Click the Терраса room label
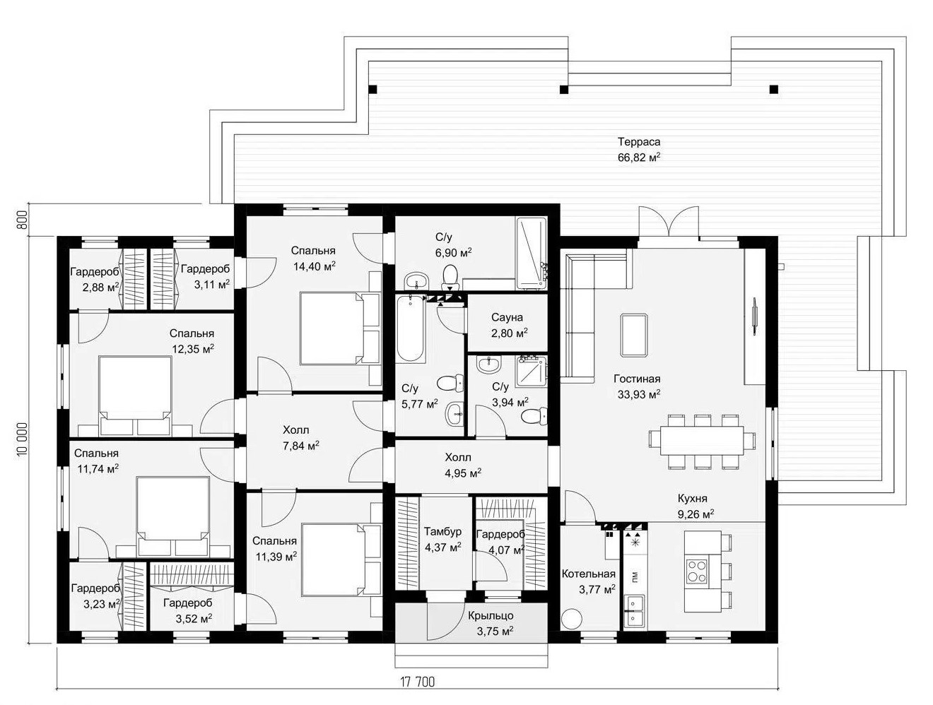[x=639, y=141]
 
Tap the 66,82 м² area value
[x=639, y=157]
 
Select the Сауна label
[x=507, y=317]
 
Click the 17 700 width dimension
[x=418, y=682]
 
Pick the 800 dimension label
[x=22, y=220]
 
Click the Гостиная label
[x=637, y=379]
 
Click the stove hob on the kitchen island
[x=698, y=570]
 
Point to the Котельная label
[x=588, y=574]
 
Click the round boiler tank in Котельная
[x=571, y=620]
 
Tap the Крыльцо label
[x=491, y=615]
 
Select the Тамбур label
[x=442, y=531]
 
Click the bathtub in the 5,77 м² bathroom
[x=410, y=328]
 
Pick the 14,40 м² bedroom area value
[x=315, y=266]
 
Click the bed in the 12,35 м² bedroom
[x=135, y=396]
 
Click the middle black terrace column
[x=563, y=89]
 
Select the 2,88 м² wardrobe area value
[x=101, y=288]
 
